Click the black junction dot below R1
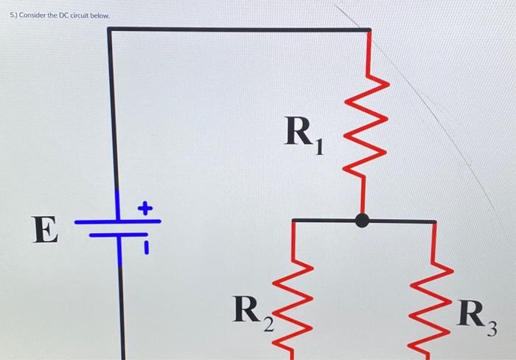[x=361, y=220]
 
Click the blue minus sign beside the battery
[x=146, y=246]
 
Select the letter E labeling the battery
[x=45, y=230]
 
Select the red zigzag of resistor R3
[x=433, y=310]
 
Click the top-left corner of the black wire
[x=111, y=30]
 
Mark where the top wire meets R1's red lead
[x=369, y=31]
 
